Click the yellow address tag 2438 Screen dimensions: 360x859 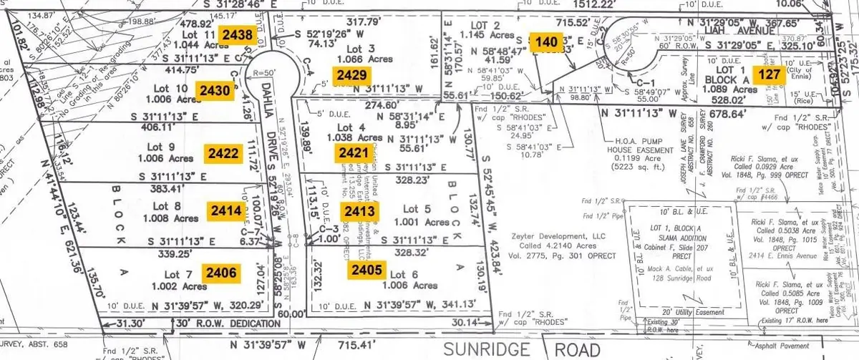tap(236, 34)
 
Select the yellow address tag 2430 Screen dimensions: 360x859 tap(215, 90)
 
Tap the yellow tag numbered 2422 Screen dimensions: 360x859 tap(221, 152)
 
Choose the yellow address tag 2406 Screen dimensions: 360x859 tap(219, 271)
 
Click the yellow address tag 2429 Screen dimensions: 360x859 tap(352, 75)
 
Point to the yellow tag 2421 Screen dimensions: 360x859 tap(353, 151)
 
